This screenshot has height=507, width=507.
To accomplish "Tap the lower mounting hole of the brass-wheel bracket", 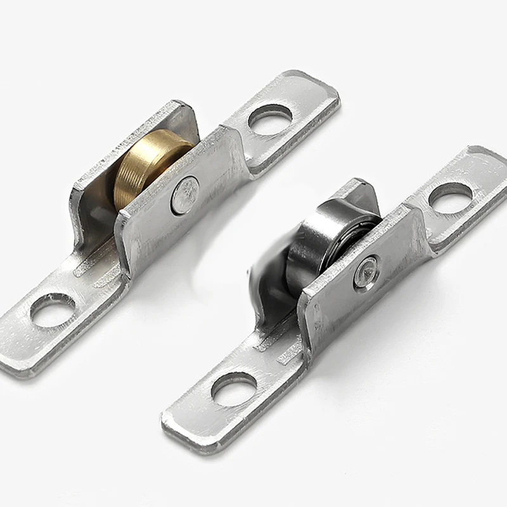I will [x=53, y=310].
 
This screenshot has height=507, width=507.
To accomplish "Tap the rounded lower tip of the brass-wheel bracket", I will [x=16, y=361].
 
